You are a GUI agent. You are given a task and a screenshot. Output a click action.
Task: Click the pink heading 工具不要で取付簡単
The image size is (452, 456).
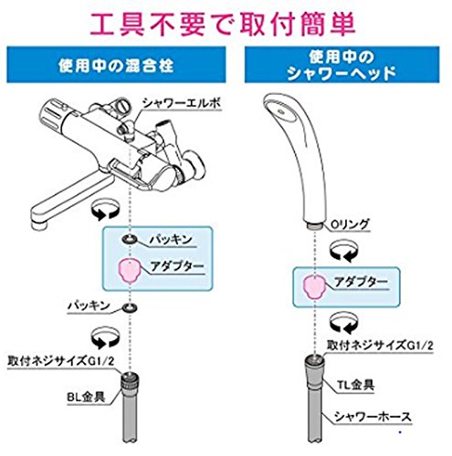223,25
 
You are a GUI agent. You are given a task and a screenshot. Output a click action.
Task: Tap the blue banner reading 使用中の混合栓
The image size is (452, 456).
116,65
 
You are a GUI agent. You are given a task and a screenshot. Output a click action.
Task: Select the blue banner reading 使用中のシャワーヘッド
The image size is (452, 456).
342,65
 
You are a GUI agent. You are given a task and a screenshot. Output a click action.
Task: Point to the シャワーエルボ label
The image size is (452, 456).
182,104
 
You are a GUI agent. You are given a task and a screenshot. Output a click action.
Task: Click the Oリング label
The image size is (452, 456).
350,224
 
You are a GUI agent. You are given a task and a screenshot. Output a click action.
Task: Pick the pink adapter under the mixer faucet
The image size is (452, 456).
130,271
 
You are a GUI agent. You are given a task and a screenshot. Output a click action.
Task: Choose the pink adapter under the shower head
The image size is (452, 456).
314,287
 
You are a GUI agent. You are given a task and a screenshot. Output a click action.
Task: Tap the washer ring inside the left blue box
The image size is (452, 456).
130,240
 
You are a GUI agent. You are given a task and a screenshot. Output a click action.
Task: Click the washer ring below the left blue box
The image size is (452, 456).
130,307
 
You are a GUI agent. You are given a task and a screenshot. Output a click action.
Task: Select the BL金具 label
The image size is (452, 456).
86,397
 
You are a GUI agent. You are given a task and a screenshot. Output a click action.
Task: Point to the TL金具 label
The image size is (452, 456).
355,385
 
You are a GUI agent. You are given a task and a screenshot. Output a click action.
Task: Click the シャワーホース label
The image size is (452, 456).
373,417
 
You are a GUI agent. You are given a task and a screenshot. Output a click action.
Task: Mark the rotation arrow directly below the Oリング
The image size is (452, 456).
344,251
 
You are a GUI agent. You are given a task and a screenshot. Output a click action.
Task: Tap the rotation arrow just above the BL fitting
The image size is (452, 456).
105,337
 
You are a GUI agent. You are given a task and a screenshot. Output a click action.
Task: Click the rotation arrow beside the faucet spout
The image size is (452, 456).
105,208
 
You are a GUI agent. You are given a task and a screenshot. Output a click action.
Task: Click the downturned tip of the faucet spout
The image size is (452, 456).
39,224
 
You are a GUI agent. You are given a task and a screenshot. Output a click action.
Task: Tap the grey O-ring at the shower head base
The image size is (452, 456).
315,226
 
